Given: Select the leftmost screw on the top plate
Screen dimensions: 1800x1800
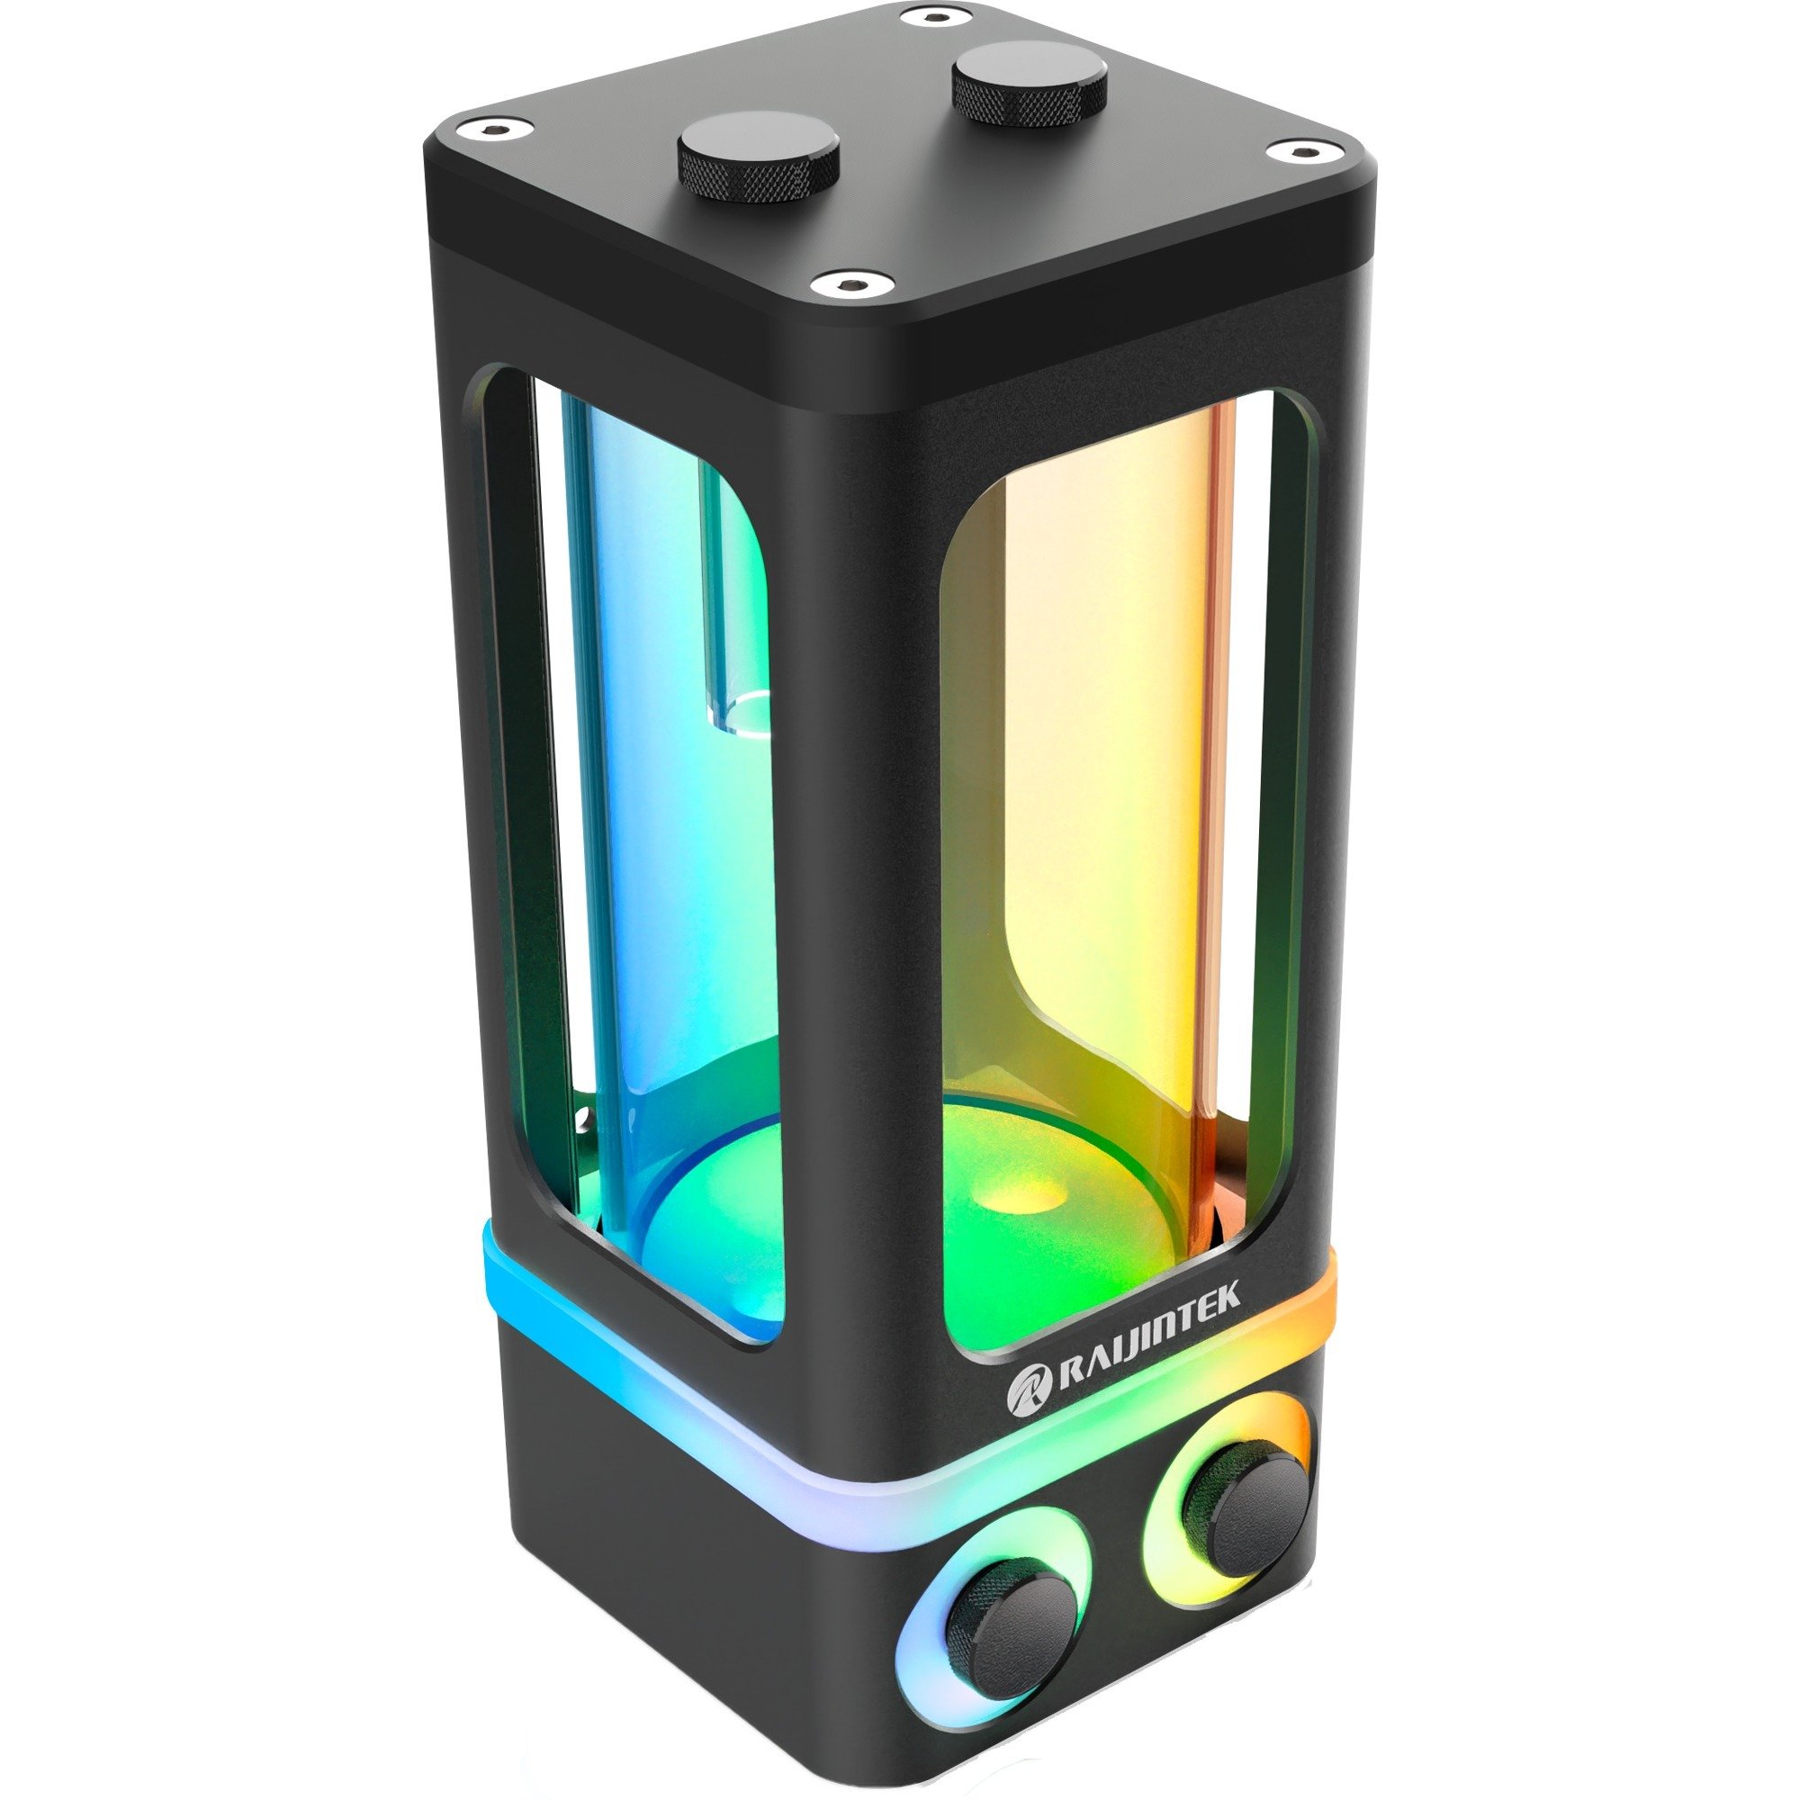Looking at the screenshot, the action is pyautogui.click(x=489, y=130).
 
